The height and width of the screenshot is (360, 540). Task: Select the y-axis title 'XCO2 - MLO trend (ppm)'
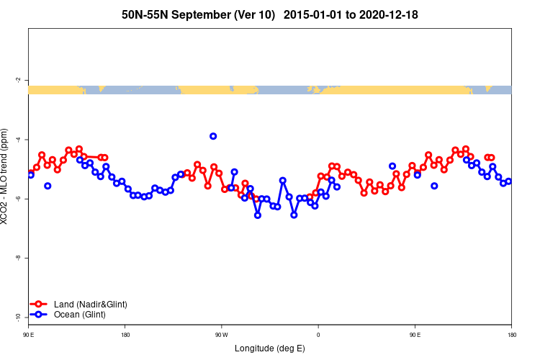click(6, 177)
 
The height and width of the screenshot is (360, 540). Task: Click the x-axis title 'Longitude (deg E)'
click(270, 348)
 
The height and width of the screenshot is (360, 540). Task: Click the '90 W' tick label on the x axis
click(220, 334)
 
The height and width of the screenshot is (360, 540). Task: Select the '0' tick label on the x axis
click(318, 334)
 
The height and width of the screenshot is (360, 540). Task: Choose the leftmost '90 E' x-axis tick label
click(28, 334)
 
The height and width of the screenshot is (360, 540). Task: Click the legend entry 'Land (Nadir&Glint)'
click(90, 304)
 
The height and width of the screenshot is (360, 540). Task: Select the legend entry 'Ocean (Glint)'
click(80, 315)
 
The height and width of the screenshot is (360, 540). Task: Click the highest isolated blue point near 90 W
click(213, 136)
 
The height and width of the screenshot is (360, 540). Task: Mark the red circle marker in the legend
click(40, 304)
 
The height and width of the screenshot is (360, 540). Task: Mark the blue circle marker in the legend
click(40, 315)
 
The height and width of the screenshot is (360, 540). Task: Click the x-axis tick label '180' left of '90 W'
click(125, 334)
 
